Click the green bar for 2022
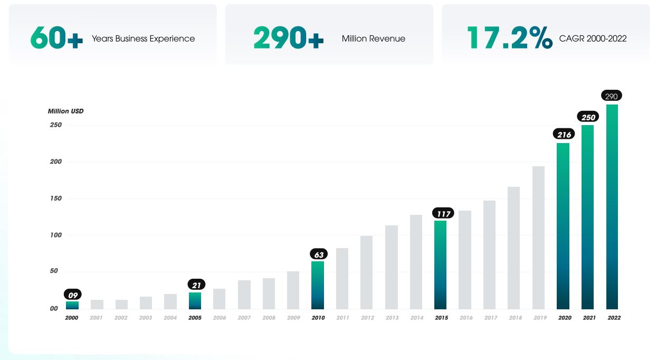click(612, 206)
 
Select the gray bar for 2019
click(538, 238)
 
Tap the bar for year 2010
click(318, 285)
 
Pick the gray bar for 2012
click(367, 272)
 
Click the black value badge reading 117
click(443, 213)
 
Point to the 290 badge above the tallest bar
click(612, 96)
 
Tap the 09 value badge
click(73, 295)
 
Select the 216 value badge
click(564, 135)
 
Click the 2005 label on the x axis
click(195, 318)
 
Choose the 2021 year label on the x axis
click(588, 318)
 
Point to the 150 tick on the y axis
click(56, 198)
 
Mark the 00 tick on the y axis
click(54, 308)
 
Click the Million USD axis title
click(65, 111)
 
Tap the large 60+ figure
click(56, 38)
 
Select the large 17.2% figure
click(509, 38)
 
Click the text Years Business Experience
click(143, 39)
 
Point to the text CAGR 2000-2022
click(593, 39)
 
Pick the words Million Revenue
click(373, 39)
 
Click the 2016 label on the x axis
click(465, 318)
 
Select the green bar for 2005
click(195, 300)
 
